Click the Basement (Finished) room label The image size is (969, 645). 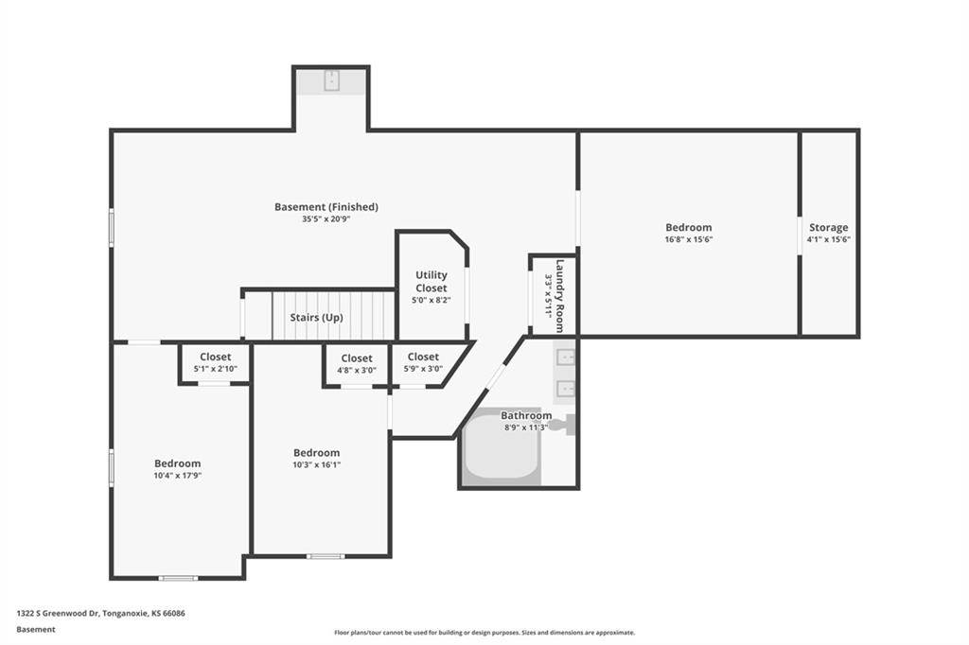click(326, 207)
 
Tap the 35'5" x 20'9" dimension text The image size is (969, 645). click(326, 218)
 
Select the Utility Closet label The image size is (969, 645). click(432, 282)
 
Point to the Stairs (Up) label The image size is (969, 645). click(316, 318)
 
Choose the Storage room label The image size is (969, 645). click(829, 227)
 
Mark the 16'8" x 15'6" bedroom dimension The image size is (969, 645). click(689, 239)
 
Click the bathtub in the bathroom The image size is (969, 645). click(502, 447)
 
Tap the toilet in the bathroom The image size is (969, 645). click(564, 425)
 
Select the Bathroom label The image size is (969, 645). click(526, 416)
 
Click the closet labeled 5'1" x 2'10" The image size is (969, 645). click(215, 362)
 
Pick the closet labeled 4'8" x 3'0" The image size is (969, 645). click(357, 364)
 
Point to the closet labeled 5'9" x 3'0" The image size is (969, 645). click(423, 362)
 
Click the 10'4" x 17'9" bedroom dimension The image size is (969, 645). click(178, 476)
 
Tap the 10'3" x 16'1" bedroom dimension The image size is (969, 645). click(316, 464)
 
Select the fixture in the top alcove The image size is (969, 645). click(332, 80)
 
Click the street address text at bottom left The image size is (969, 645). click(100, 614)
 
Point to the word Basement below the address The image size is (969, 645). click(36, 630)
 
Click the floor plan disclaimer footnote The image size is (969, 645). click(484, 633)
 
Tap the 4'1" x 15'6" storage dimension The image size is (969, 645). click(829, 239)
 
